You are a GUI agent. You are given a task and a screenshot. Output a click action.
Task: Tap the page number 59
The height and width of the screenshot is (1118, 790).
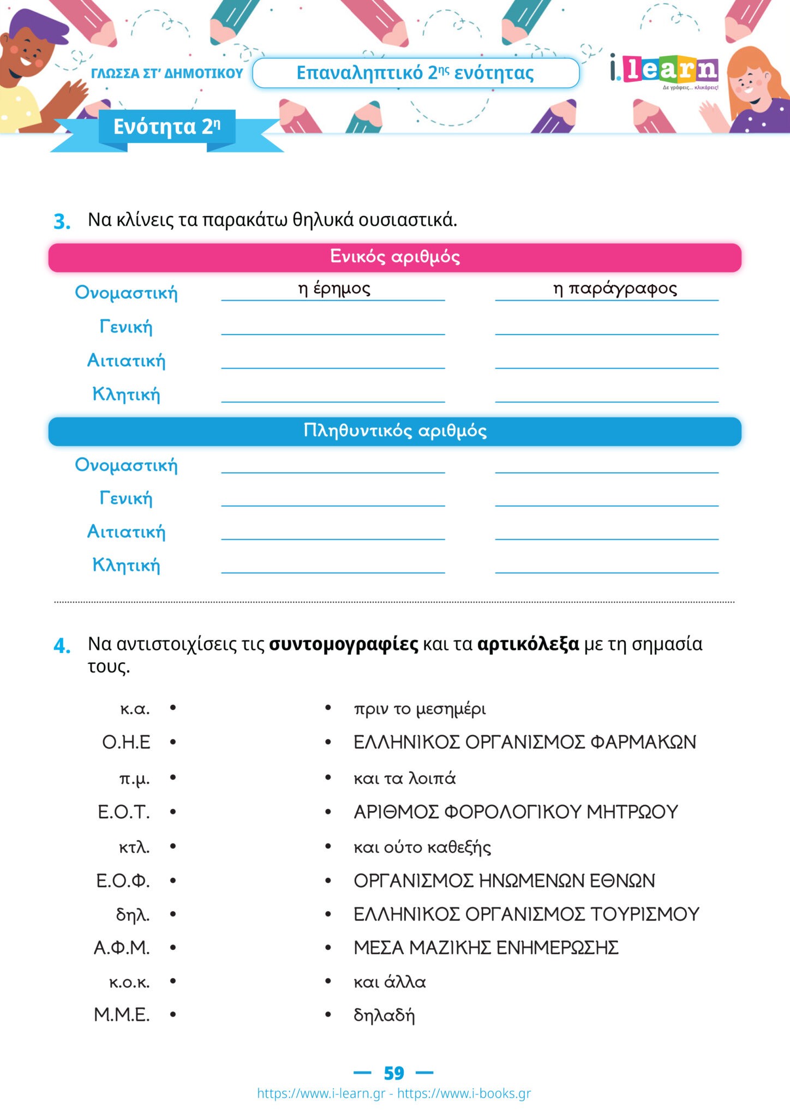[x=394, y=1073]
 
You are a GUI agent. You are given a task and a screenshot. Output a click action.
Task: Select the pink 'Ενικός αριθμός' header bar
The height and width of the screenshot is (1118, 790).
[x=394, y=258]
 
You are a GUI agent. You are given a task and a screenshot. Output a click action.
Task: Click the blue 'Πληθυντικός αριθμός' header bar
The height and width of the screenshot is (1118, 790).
[x=394, y=431]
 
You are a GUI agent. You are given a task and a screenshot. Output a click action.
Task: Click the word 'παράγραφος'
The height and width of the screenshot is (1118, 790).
[x=623, y=289]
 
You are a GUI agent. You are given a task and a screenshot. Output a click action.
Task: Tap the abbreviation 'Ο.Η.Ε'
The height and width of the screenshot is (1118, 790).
[x=126, y=742]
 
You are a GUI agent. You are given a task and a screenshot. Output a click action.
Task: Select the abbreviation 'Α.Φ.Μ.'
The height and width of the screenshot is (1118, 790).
[x=122, y=948]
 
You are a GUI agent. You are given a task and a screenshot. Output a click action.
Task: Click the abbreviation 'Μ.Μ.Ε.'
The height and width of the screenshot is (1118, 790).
[x=122, y=1015]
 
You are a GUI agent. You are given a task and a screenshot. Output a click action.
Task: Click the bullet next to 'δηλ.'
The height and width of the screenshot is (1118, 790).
[x=173, y=914]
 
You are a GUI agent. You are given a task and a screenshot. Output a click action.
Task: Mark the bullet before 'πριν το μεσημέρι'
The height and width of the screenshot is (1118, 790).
[x=328, y=708]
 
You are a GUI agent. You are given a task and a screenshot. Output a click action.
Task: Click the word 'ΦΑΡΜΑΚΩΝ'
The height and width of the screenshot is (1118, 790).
[x=643, y=742]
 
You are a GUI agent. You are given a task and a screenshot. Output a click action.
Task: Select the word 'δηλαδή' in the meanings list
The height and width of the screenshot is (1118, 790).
[x=384, y=1015]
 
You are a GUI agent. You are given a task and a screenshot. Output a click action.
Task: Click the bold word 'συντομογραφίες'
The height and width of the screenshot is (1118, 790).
[x=344, y=645]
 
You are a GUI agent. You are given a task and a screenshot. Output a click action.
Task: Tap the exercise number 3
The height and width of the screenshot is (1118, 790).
[x=62, y=222]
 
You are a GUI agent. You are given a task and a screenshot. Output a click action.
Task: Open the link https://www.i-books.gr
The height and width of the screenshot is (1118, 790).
[x=464, y=1093]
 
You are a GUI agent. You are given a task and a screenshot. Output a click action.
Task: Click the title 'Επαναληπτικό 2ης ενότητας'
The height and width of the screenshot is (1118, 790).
[x=415, y=73]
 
